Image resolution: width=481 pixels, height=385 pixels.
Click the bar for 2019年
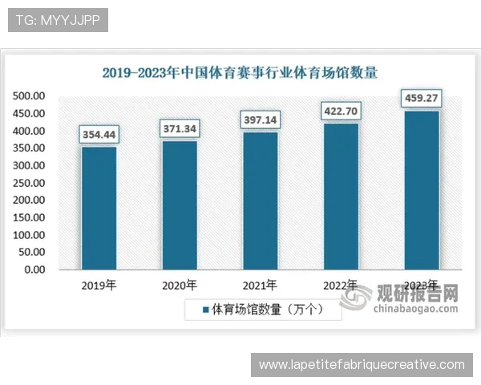pyautogui.click(x=99, y=208)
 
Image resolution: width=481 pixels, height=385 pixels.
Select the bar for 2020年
pyautogui.click(x=180, y=205)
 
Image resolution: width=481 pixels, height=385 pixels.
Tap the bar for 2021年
pyautogui.click(x=260, y=201)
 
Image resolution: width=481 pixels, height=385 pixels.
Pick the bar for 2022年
pyautogui.click(x=341, y=196)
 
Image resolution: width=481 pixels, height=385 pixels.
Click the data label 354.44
pyautogui.click(x=99, y=135)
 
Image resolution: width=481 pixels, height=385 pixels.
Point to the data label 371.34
pyautogui.click(x=180, y=128)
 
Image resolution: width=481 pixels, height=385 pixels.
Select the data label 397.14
pyautogui.click(x=260, y=120)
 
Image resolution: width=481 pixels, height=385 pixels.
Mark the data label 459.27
pyautogui.click(x=422, y=99)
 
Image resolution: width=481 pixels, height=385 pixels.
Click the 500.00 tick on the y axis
pyautogui.click(x=29, y=96)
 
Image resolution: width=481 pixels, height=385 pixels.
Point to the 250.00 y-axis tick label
pyautogui.click(x=29, y=183)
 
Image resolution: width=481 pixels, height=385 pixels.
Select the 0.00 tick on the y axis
pyautogui.click(x=34, y=269)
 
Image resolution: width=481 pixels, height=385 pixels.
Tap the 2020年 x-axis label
pyautogui.click(x=180, y=285)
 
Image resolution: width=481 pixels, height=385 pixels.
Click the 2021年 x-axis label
pyautogui.click(x=260, y=285)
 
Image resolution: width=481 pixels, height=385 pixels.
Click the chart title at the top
pyautogui.click(x=240, y=72)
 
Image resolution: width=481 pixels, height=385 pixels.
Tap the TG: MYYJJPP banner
pyautogui.click(x=58, y=20)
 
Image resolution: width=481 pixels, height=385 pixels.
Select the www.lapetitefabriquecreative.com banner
pyautogui.click(x=362, y=365)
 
